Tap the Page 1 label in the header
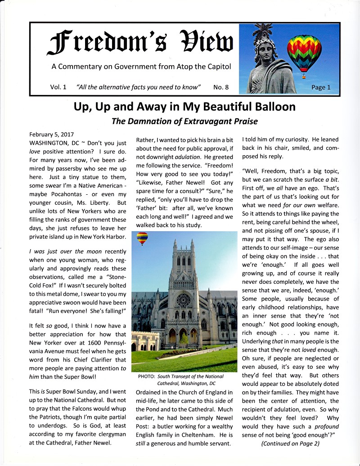(320, 87)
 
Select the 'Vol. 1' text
(58, 87)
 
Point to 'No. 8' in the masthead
(221, 87)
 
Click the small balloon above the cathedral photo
(142, 237)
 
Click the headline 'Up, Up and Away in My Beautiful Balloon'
(184, 107)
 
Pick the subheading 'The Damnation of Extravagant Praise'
(184, 121)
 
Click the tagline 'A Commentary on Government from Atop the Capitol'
(141, 67)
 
